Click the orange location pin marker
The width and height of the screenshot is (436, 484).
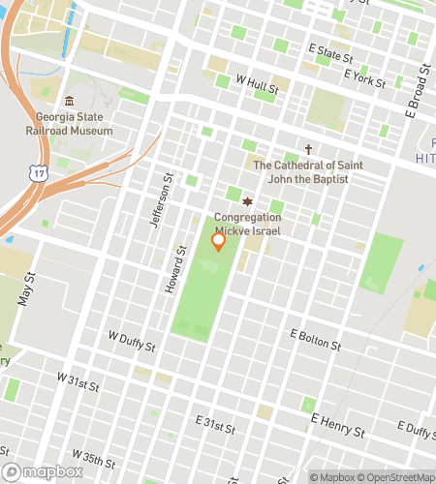pos(218,242)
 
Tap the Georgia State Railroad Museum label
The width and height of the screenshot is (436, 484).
pos(68,124)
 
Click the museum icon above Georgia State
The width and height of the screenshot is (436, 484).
pos(68,102)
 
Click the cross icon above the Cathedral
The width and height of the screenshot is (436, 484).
pos(308,149)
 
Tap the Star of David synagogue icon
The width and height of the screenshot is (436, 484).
pos(247,202)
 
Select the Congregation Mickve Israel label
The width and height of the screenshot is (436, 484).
pos(247,225)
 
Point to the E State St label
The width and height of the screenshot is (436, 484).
pos(330,52)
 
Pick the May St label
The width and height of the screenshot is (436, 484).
pos(26,287)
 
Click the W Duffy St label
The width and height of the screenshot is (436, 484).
pos(131,339)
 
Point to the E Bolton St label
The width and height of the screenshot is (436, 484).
pos(316,339)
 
